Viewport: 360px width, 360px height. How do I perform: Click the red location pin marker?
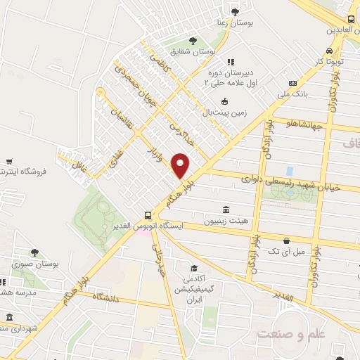181,166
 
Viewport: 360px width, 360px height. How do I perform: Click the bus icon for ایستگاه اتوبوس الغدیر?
147,215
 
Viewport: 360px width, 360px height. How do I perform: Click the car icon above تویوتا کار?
330,51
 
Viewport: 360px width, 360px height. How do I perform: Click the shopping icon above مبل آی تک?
287,240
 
